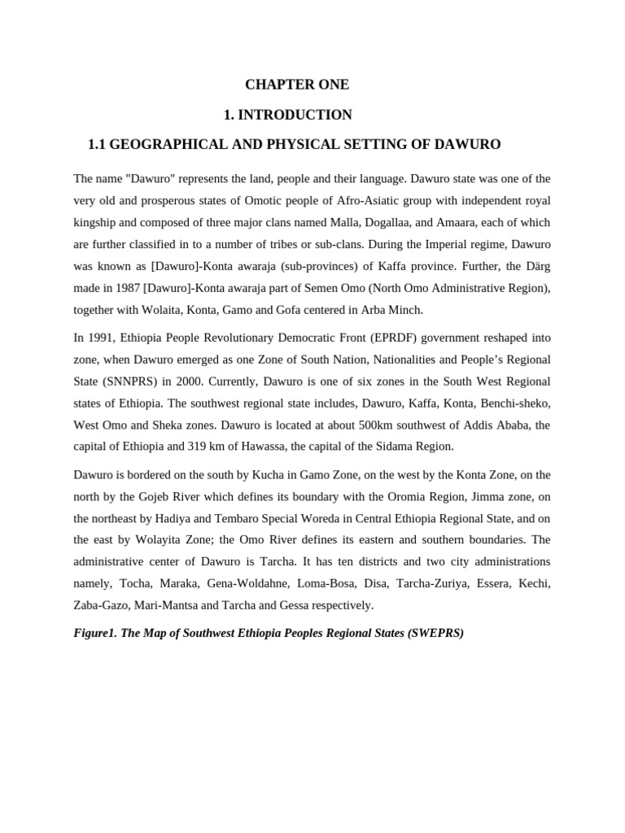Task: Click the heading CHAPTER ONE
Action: pos(297,85)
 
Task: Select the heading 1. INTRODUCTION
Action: pos(287,115)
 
